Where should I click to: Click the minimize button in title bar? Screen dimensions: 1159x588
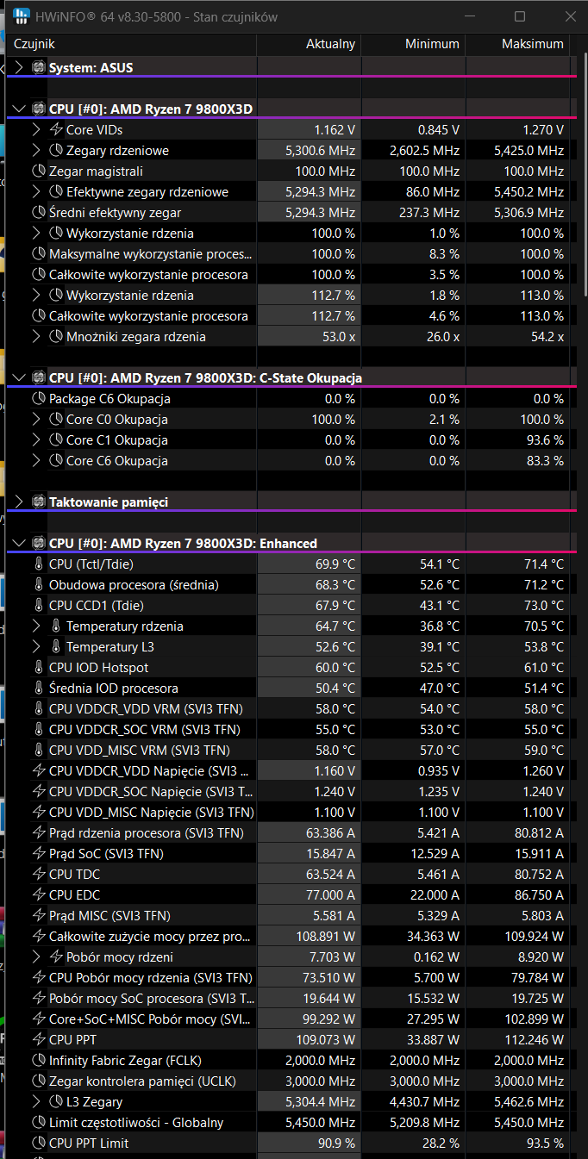tap(473, 16)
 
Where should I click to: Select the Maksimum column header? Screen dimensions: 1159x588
tap(532, 44)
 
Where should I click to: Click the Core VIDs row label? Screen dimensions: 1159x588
tap(94, 130)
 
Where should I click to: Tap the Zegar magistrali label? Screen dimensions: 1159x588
tap(96, 171)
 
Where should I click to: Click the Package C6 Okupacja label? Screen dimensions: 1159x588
tap(109, 399)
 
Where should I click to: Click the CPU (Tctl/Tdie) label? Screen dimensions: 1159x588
tap(91, 564)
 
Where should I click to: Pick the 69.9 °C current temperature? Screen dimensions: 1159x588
tap(335, 564)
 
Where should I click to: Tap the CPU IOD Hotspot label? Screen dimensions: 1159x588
tap(98, 668)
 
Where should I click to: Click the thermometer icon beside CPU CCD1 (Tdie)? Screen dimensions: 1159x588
tap(38, 606)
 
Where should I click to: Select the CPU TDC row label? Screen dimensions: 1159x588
tap(74, 875)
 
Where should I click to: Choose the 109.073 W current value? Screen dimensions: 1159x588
tap(323, 1040)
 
